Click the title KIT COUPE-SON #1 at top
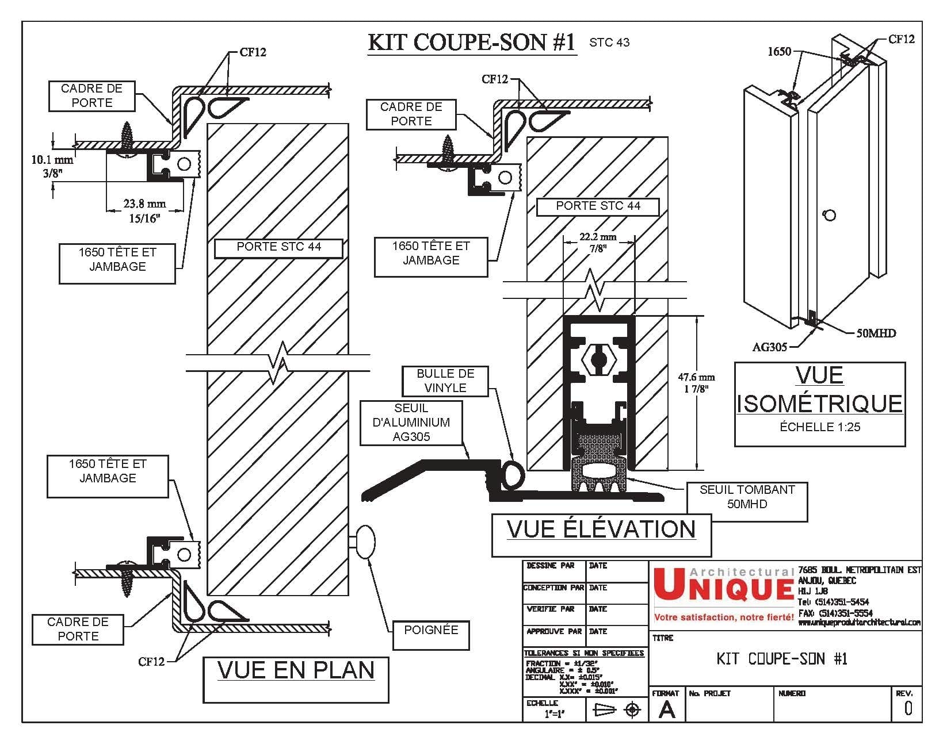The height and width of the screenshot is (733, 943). tap(471, 43)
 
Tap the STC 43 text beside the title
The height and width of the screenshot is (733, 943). tap(609, 43)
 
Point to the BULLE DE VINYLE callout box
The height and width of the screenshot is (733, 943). tap(445, 381)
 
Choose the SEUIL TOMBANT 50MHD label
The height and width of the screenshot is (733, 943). tap(747, 497)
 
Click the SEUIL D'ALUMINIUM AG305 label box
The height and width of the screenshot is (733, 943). tap(411, 423)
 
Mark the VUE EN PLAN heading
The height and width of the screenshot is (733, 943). tap(296, 671)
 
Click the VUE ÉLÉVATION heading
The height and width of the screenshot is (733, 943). tap(601, 529)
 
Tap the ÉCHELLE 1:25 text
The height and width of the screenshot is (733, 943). tap(820, 427)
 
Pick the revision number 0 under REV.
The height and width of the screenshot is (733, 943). tap(908, 708)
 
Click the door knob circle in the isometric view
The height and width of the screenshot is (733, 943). tap(829, 216)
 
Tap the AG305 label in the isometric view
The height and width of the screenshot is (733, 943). tap(769, 347)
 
